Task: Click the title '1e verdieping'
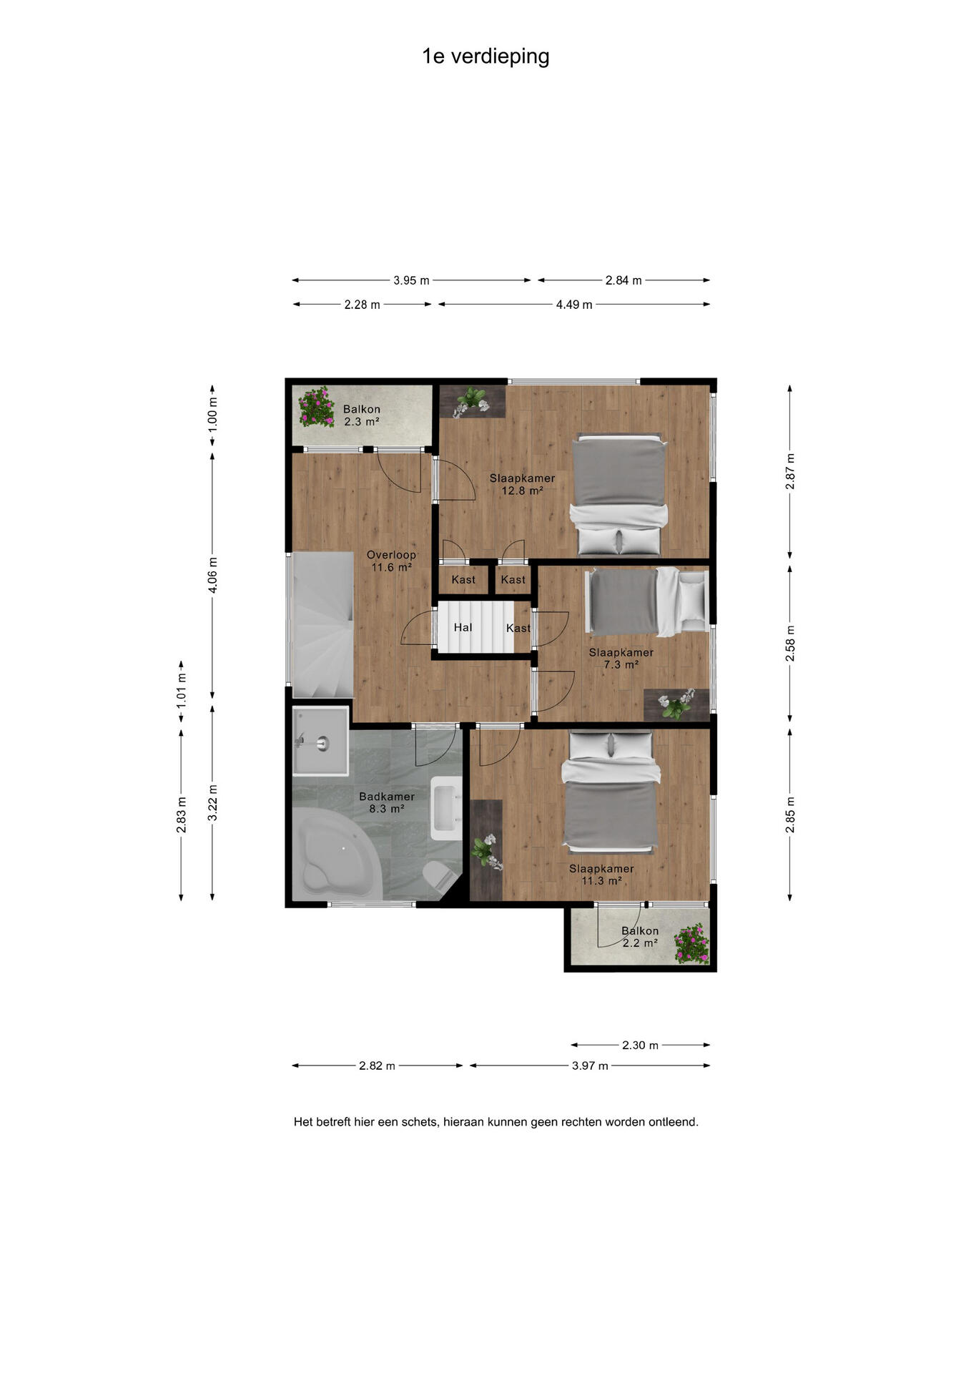click(485, 56)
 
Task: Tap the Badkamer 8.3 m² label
click(387, 802)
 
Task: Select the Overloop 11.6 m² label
click(391, 561)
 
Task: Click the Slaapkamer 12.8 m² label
click(522, 484)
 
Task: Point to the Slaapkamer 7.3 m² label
click(621, 658)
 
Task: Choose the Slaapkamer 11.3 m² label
click(601, 875)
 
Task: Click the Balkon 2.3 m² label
click(361, 415)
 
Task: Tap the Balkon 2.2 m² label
click(640, 937)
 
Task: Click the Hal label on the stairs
click(463, 627)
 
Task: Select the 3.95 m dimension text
click(411, 280)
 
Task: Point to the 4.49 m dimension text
click(574, 305)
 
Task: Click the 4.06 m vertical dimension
click(212, 575)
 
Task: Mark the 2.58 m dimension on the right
click(790, 644)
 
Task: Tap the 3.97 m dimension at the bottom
click(590, 1066)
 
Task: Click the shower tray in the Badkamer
click(320, 741)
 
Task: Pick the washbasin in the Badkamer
click(446, 807)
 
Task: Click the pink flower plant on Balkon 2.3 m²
click(316, 406)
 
